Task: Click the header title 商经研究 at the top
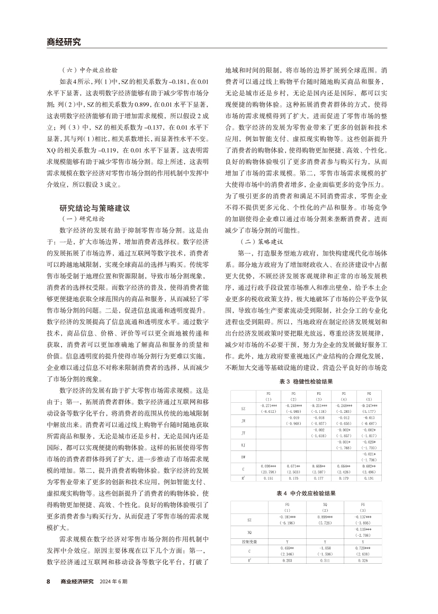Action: [60, 42]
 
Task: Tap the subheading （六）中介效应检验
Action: [89, 69]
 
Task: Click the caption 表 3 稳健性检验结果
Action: [307, 382]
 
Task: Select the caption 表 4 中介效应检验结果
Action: [307, 493]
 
